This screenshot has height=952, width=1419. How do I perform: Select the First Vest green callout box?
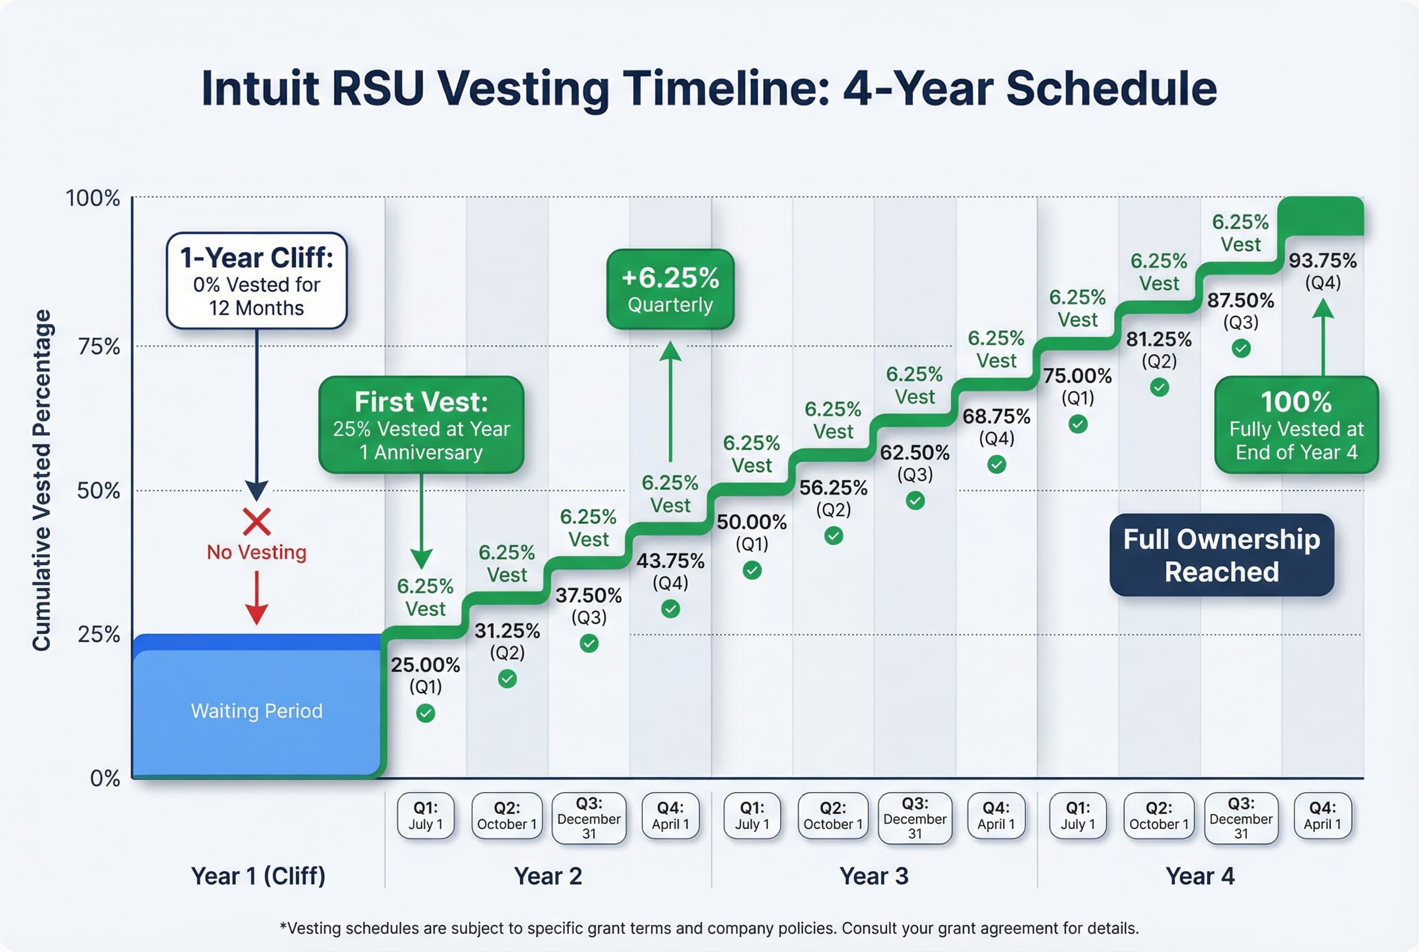pos(421,425)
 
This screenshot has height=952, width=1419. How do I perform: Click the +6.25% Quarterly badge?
pos(670,289)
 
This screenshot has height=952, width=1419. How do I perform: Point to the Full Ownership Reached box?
pos(1221,555)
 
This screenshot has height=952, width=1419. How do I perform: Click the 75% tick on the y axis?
pos(99,347)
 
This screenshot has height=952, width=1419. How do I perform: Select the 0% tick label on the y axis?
pos(104,778)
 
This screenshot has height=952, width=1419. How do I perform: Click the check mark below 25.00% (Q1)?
pos(425,713)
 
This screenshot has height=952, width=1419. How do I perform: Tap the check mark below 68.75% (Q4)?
pos(996,464)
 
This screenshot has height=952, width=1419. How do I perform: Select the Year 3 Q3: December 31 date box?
pos(914,818)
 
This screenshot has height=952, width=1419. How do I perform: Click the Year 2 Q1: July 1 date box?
pos(425,816)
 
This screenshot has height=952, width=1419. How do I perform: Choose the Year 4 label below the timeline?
pos(1199,876)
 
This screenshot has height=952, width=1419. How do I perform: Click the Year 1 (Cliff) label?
pos(258,876)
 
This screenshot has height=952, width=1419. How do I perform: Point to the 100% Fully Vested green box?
pos(1296,425)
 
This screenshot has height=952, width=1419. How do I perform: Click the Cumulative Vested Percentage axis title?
pos(42,479)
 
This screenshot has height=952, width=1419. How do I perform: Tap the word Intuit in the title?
pos(260,89)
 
